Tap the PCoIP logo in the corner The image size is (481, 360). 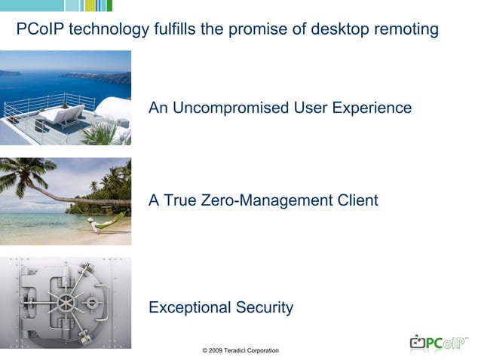pyautogui.click(x=439, y=343)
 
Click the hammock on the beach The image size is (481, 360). pyautogui.click(x=106, y=222)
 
